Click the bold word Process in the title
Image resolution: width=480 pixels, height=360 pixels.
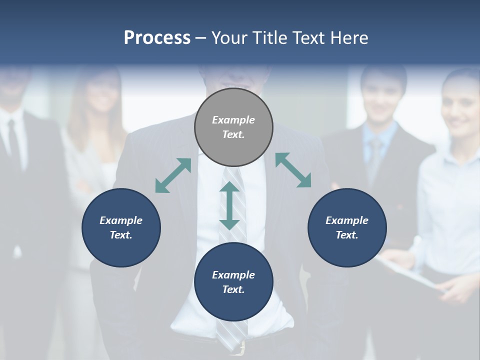(x=157, y=38)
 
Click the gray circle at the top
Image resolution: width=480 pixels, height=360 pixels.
(x=233, y=127)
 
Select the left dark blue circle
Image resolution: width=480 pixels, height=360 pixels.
(x=121, y=227)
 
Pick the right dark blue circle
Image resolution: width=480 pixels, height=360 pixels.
(x=347, y=227)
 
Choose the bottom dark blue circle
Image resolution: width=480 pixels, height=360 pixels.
(x=233, y=282)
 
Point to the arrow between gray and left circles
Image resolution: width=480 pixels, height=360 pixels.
(x=173, y=175)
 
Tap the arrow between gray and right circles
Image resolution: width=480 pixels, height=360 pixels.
(x=293, y=170)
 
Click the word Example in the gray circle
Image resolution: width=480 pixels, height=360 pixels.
(x=233, y=120)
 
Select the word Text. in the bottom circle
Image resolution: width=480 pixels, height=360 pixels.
(x=233, y=289)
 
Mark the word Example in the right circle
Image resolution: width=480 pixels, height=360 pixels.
(x=347, y=220)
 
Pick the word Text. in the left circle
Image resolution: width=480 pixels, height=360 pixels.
(x=121, y=235)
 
